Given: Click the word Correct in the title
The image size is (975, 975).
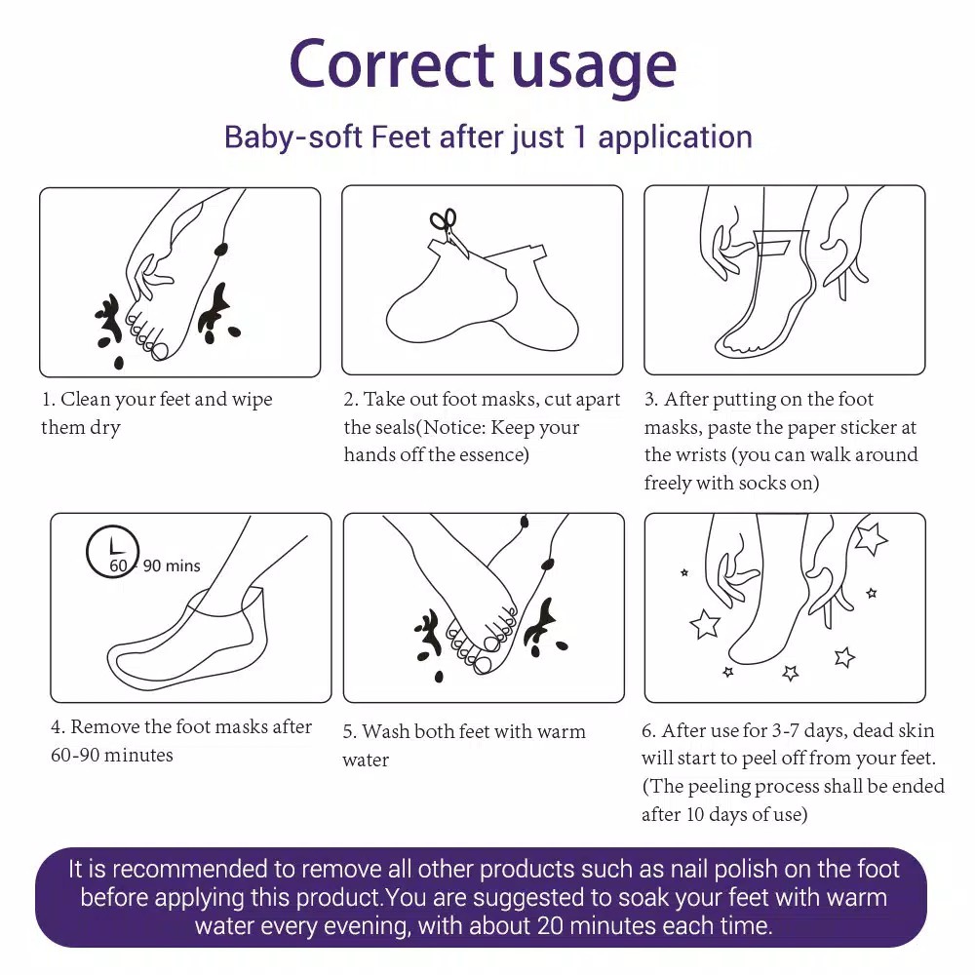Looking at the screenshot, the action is click(392, 63).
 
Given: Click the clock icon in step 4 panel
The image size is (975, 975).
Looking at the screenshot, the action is click(112, 551).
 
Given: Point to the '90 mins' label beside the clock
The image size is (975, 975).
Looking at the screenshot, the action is click(172, 565).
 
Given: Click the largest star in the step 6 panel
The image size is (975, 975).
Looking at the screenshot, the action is click(870, 538).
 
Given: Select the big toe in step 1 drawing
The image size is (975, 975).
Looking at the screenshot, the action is click(160, 351).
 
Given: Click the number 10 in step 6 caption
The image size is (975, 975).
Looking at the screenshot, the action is click(694, 814).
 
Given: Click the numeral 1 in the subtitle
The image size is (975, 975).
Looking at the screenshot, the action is click(581, 136).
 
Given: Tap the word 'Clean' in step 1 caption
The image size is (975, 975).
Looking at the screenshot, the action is click(83, 399).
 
